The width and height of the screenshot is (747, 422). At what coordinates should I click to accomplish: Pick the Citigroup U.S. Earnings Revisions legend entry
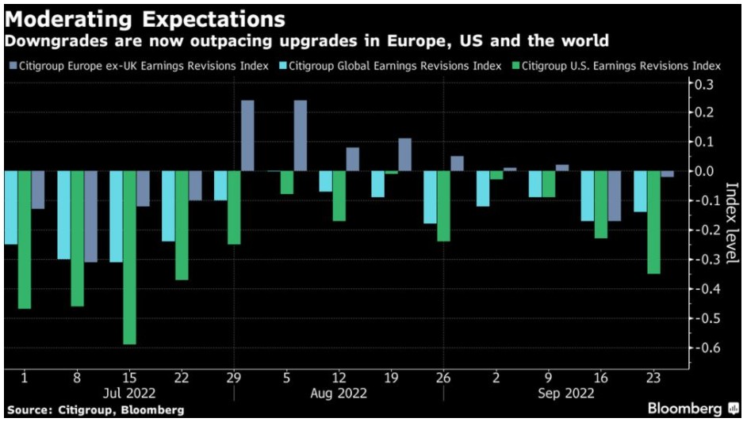coord(618,66)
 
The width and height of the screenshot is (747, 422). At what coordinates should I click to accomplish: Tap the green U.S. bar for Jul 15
coord(129,257)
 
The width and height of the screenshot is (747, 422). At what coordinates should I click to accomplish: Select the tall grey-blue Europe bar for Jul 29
coord(247,135)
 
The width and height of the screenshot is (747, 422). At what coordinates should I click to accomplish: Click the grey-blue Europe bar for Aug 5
coord(300,135)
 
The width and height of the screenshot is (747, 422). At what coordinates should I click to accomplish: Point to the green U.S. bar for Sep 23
coord(654,222)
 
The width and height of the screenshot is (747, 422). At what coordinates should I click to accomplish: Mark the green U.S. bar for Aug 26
coord(444,206)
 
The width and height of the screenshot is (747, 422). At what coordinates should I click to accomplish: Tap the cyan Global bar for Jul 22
coord(168,206)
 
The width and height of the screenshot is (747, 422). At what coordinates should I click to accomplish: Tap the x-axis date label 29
coord(234,378)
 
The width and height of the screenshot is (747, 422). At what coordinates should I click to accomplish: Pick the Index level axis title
coord(730,224)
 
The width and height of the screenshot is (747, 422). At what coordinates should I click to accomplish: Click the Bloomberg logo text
coord(684,409)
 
